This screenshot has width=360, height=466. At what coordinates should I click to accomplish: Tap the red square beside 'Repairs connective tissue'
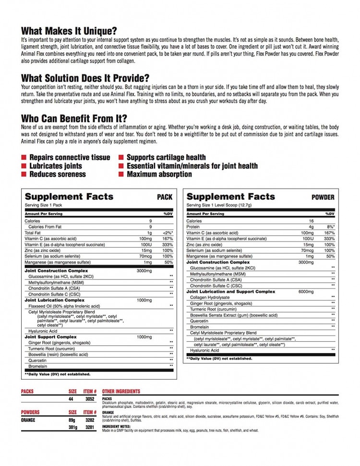click(24, 157)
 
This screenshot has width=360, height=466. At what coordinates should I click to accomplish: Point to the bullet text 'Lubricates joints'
click(56, 166)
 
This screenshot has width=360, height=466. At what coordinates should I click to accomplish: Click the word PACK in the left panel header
click(164, 197)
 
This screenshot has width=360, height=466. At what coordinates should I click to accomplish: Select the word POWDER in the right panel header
click(323, 197)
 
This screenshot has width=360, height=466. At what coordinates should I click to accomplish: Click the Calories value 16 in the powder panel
click(311, 221)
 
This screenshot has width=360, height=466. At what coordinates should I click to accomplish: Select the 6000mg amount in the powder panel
click(306, 291)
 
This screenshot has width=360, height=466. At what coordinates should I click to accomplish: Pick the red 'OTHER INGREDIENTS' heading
click(121, 392)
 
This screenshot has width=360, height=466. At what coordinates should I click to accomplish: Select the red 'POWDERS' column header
click(30, 412)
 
